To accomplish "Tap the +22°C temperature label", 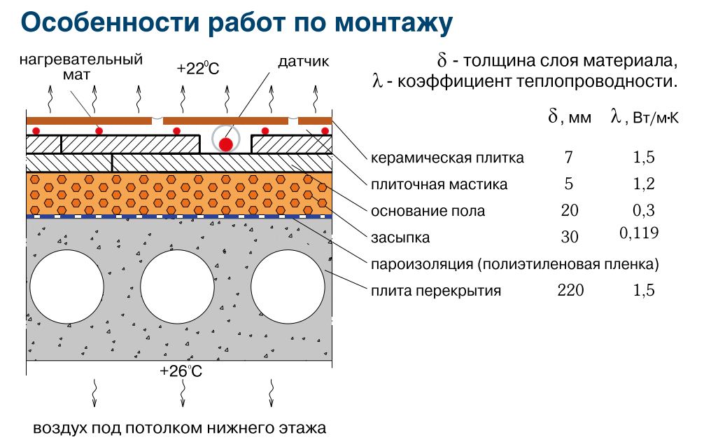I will click(x=198, y=69).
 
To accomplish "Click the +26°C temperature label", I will click(x=181, y=371).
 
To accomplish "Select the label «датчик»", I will click(x=303, y=62).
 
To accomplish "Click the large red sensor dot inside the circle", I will click(x=225, y=144).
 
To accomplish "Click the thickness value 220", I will click(x=570, y=290).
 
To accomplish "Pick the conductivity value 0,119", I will click(x=639, y=233).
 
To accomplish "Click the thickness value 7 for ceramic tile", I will click(x=568, y=158).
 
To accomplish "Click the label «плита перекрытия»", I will click(x=436, y=290).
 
